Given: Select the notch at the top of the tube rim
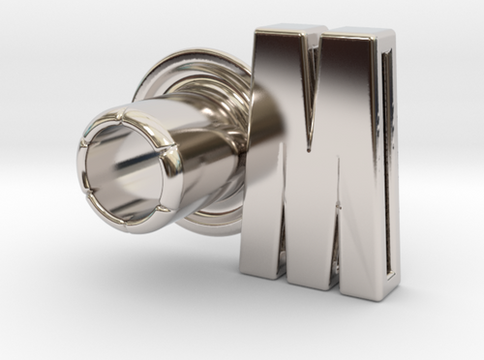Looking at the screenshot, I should point(127,109).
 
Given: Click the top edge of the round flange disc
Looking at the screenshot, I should point(194,50).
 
